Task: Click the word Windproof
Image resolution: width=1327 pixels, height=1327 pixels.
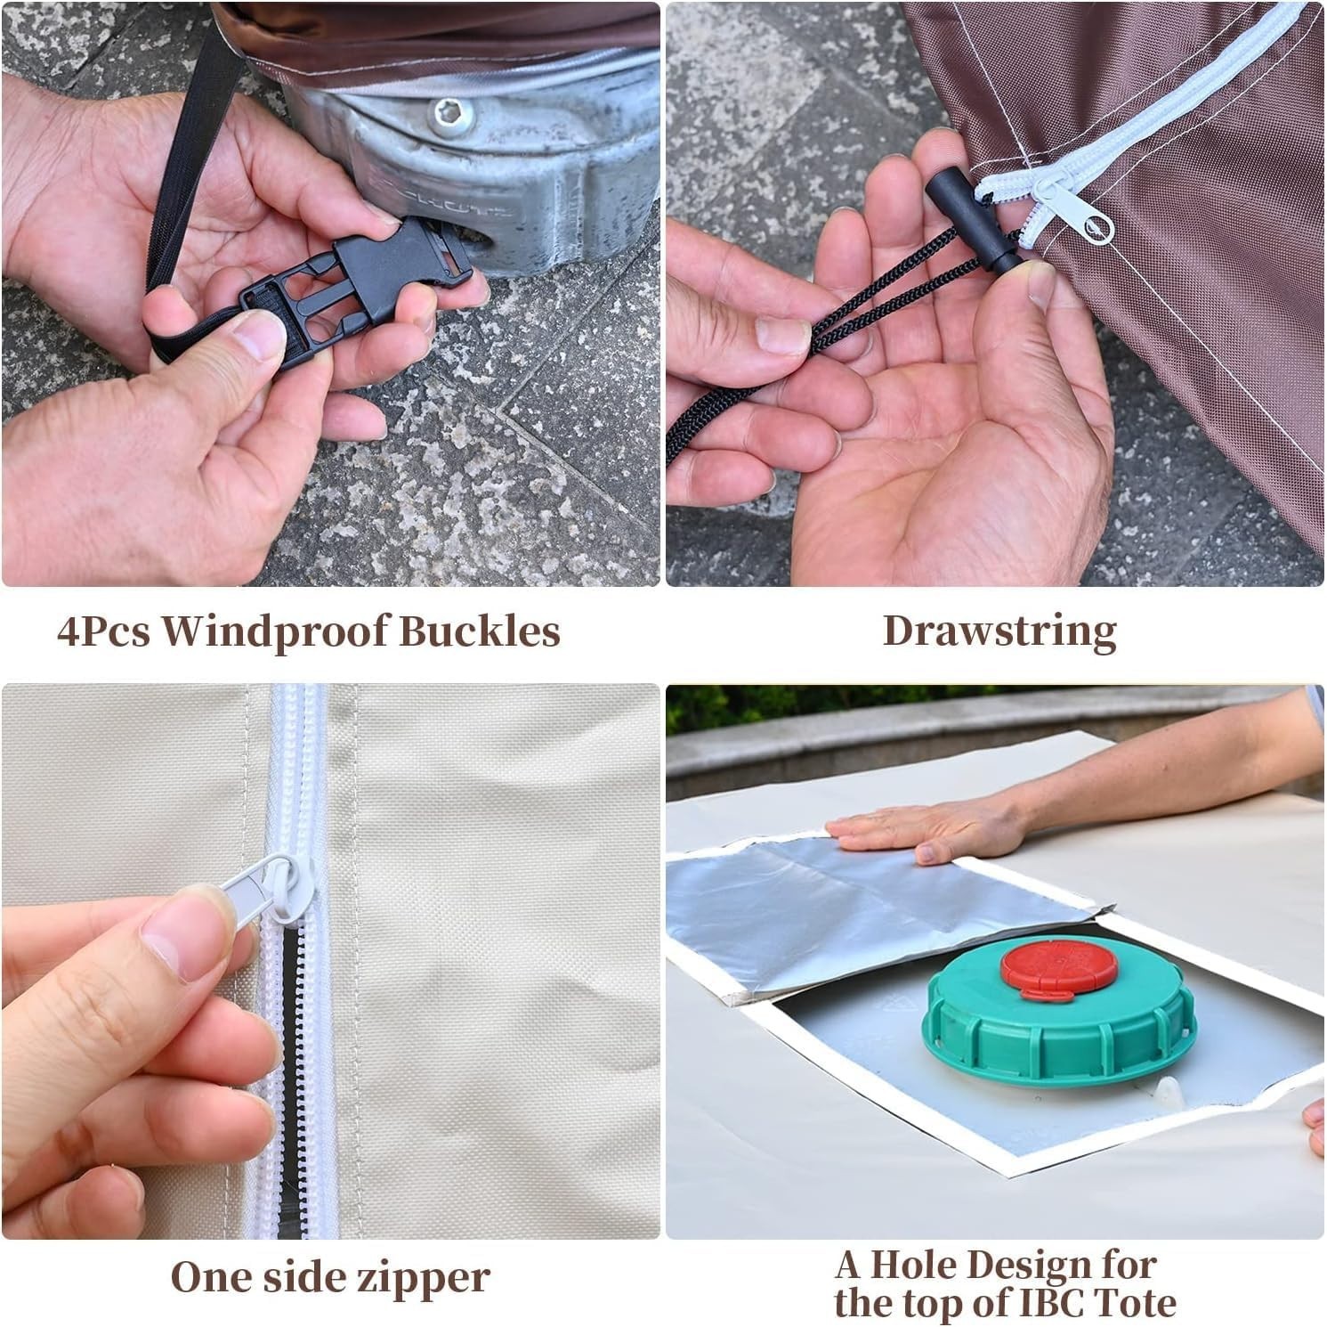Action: (x=273, y=631)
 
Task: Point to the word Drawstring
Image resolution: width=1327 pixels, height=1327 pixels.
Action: (x=999, y=631)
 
